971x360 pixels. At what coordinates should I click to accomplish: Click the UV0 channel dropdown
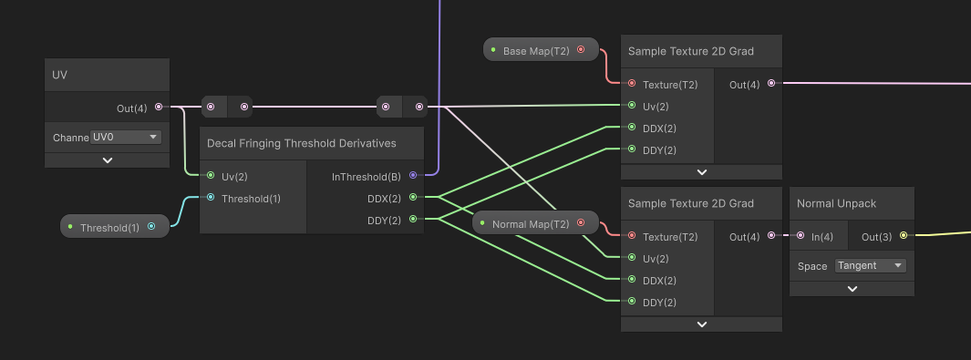coord(126,138)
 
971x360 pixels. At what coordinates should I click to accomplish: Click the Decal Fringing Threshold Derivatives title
coord(302,143)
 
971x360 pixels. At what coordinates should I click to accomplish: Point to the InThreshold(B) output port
coord(413,175)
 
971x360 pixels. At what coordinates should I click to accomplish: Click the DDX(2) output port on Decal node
coord(413,197)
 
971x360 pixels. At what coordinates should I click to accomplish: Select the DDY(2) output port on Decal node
coord(413,219)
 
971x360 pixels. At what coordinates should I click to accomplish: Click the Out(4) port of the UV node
coord(159,108)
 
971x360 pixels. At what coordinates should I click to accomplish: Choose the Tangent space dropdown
coord(870,266)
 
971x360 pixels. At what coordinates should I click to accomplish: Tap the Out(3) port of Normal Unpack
coord(904,236)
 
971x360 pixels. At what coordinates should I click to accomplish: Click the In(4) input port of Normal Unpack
coord(801,236)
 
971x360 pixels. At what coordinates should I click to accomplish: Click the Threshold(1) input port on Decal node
coord(211,197)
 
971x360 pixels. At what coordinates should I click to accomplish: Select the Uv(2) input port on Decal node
coord(211,175)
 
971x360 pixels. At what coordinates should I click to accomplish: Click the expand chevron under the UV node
coord(108,160)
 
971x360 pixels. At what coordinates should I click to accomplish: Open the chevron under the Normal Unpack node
coord(852,289)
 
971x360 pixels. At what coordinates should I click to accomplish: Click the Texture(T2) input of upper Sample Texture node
coord(631,84)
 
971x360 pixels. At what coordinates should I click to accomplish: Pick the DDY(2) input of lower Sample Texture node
coord(631,302)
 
